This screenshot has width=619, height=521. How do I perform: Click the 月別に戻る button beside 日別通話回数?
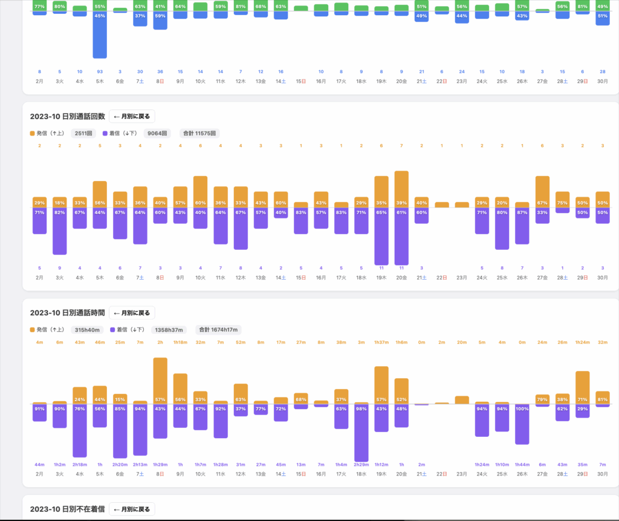point(132,116)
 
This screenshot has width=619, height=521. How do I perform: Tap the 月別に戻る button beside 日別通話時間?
point(132,313)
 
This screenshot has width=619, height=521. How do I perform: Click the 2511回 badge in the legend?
point(83,133)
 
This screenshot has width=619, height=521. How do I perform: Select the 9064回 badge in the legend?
point(157,133)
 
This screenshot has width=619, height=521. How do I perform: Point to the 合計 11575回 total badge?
point(198,133)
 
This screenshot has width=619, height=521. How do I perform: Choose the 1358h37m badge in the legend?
point(169,330)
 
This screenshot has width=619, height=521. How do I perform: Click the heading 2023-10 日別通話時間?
point(67,313)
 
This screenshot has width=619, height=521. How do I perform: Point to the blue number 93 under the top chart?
point(100,71)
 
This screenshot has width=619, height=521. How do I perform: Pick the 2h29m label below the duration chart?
point(361,465)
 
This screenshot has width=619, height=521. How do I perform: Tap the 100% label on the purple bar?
point(522,409)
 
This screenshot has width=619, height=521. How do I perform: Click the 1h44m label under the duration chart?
point(522,465)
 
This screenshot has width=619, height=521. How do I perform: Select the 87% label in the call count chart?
point(522,212)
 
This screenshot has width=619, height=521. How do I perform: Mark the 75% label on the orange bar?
point(562,203)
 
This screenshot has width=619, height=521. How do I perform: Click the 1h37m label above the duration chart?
point(381,342)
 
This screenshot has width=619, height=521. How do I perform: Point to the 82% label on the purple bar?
point(59,212)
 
